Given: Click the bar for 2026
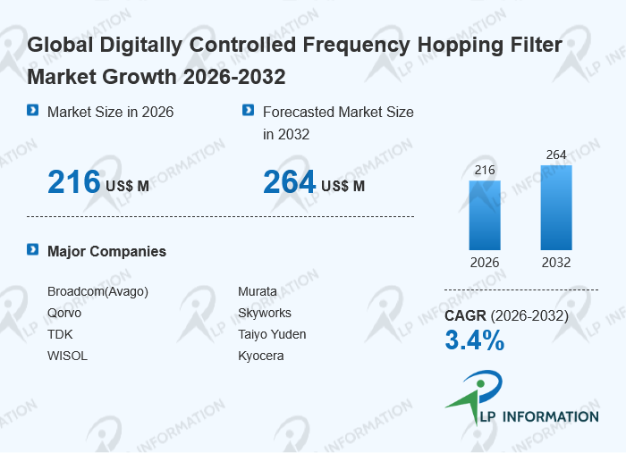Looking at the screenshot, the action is click(x=485, y=215).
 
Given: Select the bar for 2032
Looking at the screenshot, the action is click(x=556, y=208).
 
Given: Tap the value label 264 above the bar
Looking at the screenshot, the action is click(x=556, y=155).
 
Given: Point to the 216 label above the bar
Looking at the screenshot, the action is click(x=485, y=171).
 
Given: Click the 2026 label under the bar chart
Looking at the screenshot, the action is click(x=485, y=263).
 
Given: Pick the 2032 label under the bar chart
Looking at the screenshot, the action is click(x=556, y=263).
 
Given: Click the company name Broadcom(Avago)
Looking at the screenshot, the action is click(x=97, y=291).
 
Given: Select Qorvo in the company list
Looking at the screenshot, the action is click(x=64, y=313).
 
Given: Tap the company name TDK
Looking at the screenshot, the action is click(x=60, y=334).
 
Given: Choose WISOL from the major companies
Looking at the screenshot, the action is click(x=67, y=356).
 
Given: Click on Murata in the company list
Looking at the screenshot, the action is click(x=258, y=291).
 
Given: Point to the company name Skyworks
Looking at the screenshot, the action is click(x=265, y=313).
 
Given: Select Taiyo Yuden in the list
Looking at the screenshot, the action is click(x=272, y=334).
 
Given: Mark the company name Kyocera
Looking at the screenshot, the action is click(x=261, y=356).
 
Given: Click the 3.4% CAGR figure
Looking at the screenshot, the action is click(x=475, y=340).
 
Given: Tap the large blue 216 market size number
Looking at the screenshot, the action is click(x=74, y=182).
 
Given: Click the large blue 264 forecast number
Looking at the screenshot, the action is click(x=290, y=182).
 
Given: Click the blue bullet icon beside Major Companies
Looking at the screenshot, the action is click(x=33, y=249).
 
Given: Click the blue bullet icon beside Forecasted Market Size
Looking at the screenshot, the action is click(x=249, y=110).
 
